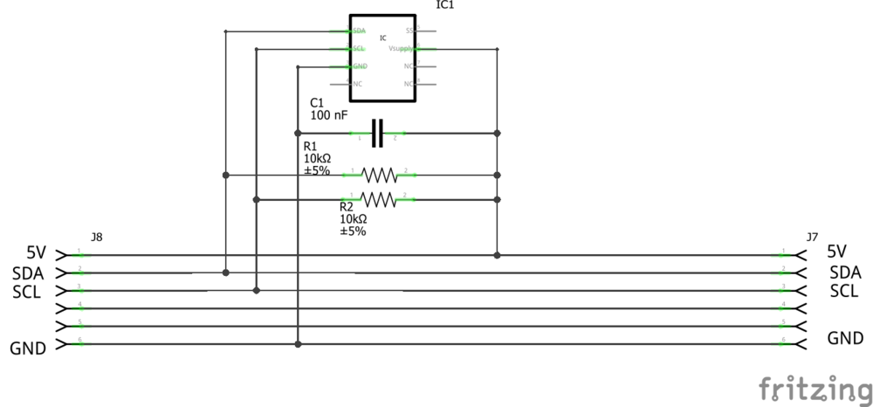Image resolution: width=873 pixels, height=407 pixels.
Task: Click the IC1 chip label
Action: (445, 5)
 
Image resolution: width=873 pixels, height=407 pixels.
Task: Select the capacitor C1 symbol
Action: (378, 134)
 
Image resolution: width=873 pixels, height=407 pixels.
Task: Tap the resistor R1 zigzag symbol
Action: (379, 175)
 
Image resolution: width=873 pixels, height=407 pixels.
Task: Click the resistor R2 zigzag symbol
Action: (379, 200)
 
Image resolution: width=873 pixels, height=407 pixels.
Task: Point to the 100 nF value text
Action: (329, 115)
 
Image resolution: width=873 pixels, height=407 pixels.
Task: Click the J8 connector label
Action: (96, 237)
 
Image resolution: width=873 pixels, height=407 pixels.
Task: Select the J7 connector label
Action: (812, 237)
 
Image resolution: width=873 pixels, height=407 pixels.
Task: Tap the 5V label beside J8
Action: (36, 253)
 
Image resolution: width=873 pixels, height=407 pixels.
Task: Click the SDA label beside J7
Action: (845, 272)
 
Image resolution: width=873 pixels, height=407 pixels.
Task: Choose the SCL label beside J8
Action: (27, 292)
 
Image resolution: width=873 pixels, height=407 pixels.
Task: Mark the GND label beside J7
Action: (845, 338)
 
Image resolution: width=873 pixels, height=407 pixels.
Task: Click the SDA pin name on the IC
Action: (359, 31)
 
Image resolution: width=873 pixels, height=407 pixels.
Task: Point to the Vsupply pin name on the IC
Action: (401, 49)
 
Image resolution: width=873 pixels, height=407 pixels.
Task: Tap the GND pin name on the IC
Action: (360, 66)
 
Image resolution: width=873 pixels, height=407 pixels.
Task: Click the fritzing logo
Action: (814, 387)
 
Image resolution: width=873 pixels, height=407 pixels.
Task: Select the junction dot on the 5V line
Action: (497, 255)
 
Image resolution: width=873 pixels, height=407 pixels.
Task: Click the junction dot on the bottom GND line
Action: (298, 344)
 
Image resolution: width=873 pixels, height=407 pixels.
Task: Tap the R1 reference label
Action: (311, 147)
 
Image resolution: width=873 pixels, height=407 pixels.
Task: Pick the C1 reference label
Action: (317, 102)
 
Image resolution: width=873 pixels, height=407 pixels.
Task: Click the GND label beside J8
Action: (28, 348)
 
